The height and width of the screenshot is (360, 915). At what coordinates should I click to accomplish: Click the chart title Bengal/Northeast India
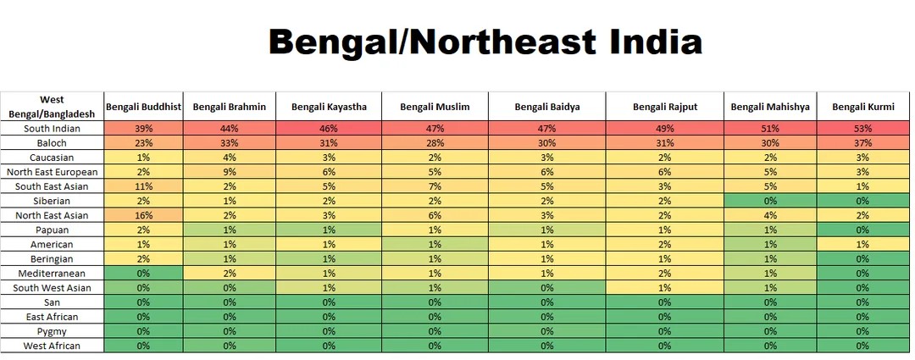coord(485,40)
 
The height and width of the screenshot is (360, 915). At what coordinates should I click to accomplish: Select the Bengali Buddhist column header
coord(143,107)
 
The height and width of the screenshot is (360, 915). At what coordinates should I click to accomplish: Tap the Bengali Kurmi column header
coord(862,107)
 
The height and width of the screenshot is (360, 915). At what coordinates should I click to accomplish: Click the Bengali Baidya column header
coord(547,107)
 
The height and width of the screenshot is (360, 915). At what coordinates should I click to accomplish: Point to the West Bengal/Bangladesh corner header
coord(52,106)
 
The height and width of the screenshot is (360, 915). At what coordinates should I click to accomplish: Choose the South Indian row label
coord(52,129)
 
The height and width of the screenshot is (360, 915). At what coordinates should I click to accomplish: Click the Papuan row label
coord(52,230)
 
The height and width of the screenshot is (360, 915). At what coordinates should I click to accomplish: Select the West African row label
coord(52,346)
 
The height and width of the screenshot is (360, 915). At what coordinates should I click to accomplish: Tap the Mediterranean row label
coord(52,273)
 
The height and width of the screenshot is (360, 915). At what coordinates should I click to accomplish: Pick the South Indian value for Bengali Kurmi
coord(862,129)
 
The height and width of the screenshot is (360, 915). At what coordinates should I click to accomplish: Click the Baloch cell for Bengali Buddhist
coord(143,143)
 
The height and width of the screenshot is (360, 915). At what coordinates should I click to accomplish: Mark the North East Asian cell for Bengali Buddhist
coord(143,215)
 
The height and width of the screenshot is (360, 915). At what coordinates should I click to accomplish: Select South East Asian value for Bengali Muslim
coord(435,186)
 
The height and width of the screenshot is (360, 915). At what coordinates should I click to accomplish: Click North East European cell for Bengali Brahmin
coord(230,172)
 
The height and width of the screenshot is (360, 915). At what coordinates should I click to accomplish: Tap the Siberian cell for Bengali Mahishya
coord(769,201)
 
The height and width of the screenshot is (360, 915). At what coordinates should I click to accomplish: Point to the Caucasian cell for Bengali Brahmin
coord(230,158)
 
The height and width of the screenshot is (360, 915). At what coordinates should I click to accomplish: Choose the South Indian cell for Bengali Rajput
coord(665,129)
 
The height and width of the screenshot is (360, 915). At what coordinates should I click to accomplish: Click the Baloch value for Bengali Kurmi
coord(862,143)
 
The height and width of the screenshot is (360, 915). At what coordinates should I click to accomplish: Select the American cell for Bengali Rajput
coord(665,244)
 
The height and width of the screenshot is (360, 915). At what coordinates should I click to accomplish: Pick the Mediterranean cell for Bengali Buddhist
coord(143,273)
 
